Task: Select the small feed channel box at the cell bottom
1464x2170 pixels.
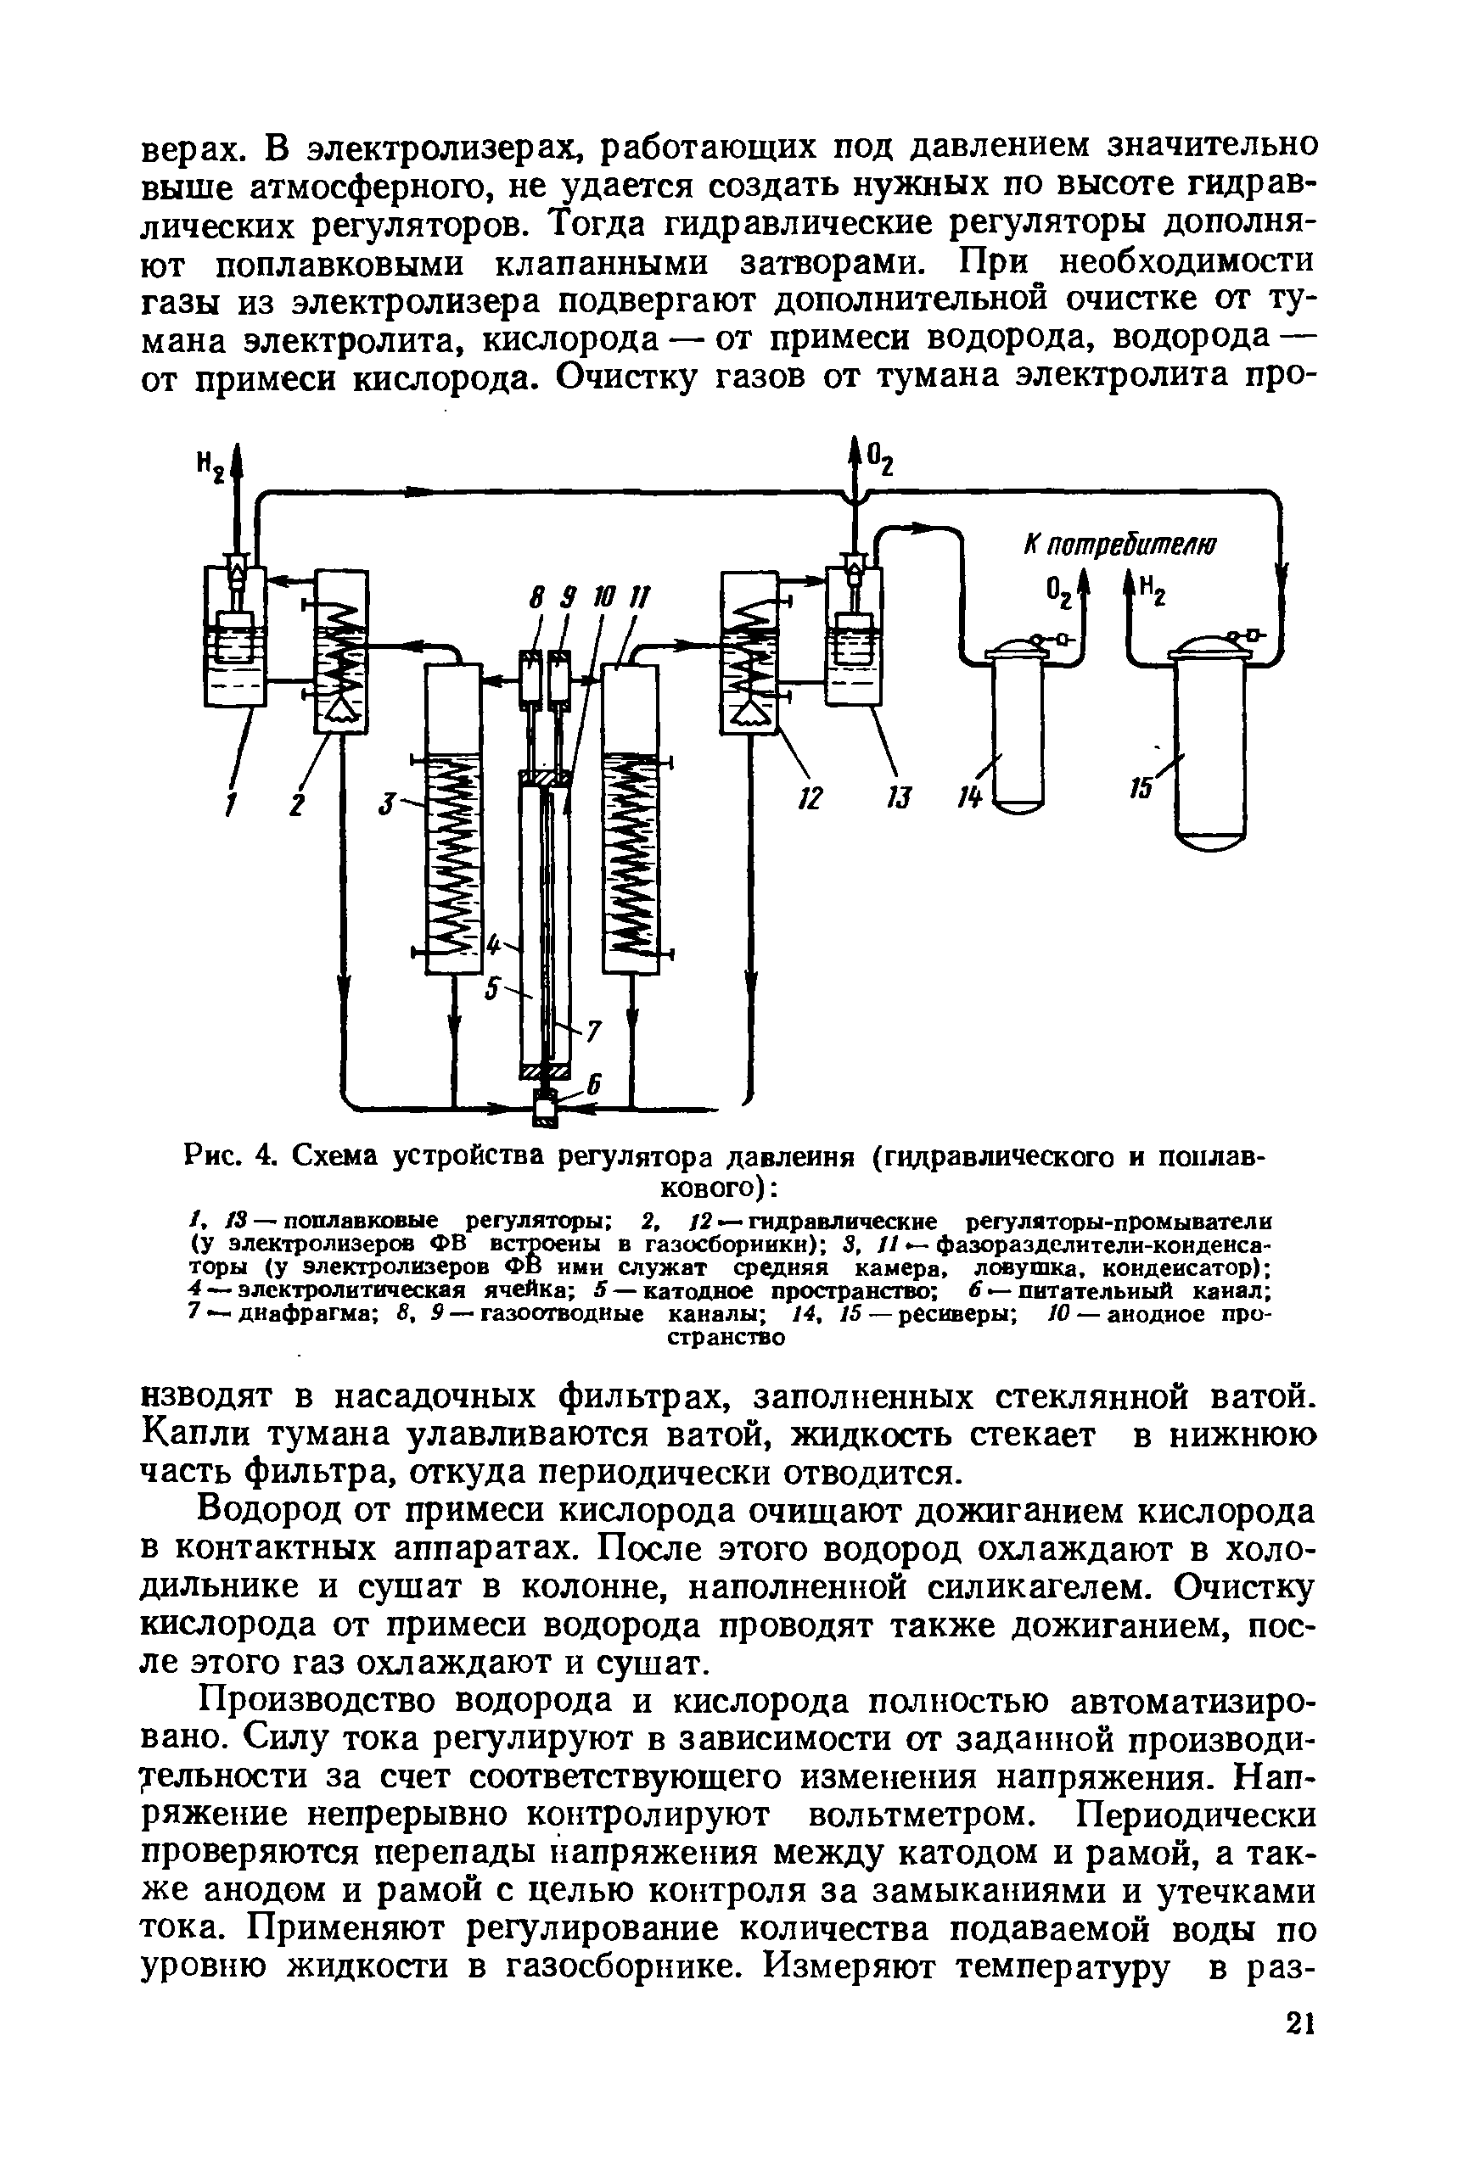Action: [x=543, y=1110]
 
